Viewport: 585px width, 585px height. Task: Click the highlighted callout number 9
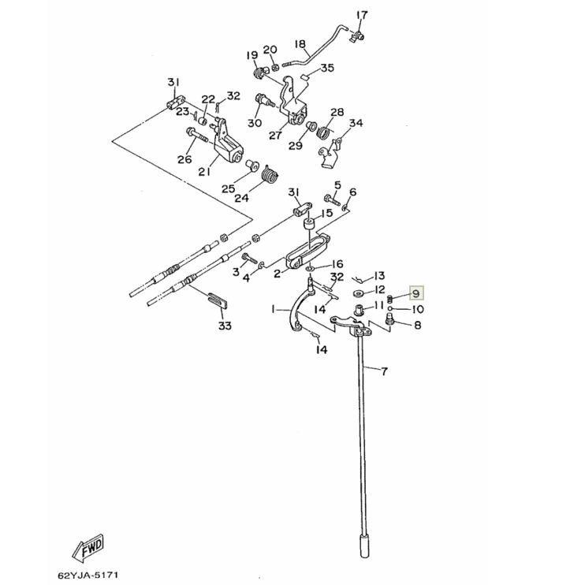(x=415, y=294)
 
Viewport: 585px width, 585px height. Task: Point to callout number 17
(x=362, y=15)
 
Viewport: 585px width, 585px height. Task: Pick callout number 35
(x=327, y=69)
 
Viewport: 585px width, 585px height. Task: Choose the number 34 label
(x=356, y=123)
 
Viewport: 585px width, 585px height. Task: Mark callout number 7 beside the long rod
(x=384, y=371)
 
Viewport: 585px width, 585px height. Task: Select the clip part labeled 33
(x=218, y=300)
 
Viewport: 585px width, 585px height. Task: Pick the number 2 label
(x=277, y=274)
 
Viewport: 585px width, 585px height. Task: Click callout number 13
(x=380, y=276)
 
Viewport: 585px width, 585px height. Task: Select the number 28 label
(x=337, y=112)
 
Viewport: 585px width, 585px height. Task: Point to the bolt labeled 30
(x=263, y=100)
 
